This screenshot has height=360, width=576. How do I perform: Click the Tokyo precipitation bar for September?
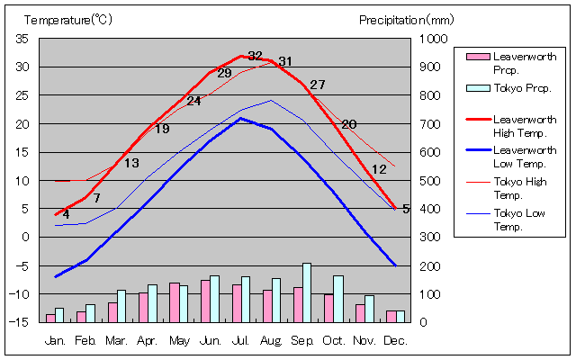click(x=307, y=292)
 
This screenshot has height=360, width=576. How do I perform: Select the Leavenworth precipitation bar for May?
click(x=175, y=302)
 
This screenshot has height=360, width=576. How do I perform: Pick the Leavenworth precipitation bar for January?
click(x=50, y=318)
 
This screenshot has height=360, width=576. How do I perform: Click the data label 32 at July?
click(x=256, y=56)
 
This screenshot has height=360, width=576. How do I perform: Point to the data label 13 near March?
click(x=131, y=163)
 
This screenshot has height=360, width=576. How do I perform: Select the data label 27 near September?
click(x=317, y=85)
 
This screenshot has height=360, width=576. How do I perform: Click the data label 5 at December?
click(x=406, y=209)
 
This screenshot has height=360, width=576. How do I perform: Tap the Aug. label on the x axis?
click(x=272, y=341)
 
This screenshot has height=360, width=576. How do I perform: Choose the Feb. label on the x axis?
click(x=85, y=341)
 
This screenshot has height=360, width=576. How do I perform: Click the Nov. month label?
click(x=364, y=341)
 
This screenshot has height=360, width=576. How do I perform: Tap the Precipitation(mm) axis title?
click(x=407, y=19)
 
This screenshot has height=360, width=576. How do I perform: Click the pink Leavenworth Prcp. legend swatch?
click(x=477, y=57)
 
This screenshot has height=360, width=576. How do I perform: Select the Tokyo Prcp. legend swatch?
click(x=477, y=88)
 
